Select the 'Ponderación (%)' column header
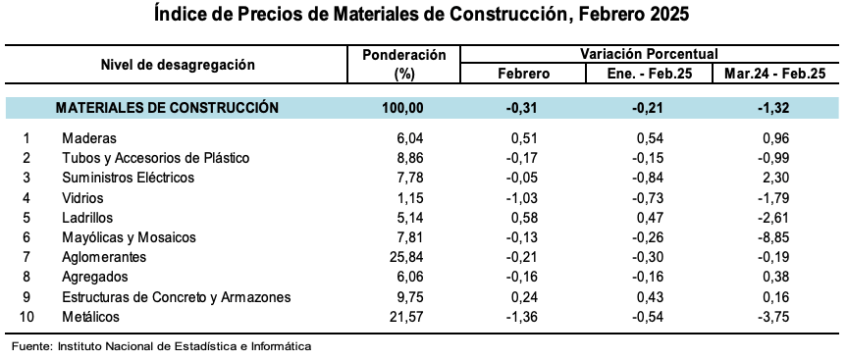pos(404,65)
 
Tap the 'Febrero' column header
pos(523,75)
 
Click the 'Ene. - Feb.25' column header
pos(649,75)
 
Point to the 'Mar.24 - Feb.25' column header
pos(774,75)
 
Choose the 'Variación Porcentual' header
pos(649,55)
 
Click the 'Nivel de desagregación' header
pos(178,65)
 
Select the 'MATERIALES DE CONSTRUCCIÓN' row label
pos(167,108)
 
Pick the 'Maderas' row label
pos(89,138)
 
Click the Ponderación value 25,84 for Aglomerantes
pos(406,257)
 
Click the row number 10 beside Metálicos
pos(27,317)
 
